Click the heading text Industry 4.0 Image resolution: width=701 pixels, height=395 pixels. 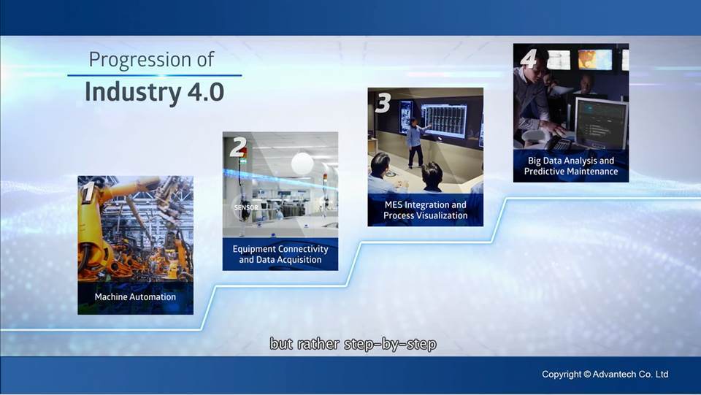click(x=154, y=91)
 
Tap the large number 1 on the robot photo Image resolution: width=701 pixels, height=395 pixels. click(x=88, y=192)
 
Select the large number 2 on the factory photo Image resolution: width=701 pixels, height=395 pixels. click(x=238, y=147)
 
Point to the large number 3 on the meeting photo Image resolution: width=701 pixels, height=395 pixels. click(x=383, y=103)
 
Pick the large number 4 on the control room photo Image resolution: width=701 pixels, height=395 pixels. click(x=529, y=58)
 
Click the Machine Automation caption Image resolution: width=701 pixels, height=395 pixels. click(x=135, y=296)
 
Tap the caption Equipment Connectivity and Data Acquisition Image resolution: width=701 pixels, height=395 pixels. click(x=280, y=254)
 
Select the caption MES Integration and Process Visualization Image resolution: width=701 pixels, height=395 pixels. click(x=425, y=210)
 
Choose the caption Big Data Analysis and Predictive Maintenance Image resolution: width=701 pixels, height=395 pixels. click(x=571, y=166)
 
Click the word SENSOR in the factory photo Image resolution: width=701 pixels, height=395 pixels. click(x=246, y=207)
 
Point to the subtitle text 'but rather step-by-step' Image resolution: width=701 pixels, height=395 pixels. click(x=353, y=344)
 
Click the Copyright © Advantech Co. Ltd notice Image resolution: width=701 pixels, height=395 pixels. click(x=605, y=375)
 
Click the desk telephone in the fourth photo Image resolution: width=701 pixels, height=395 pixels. click(x=556, y=144)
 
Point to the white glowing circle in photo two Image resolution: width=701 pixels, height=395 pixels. click(x=302, y=164)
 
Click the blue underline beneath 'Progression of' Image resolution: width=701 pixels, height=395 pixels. click(x=155, y=75)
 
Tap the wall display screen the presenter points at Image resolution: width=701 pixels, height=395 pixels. click(x=444, y=120)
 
